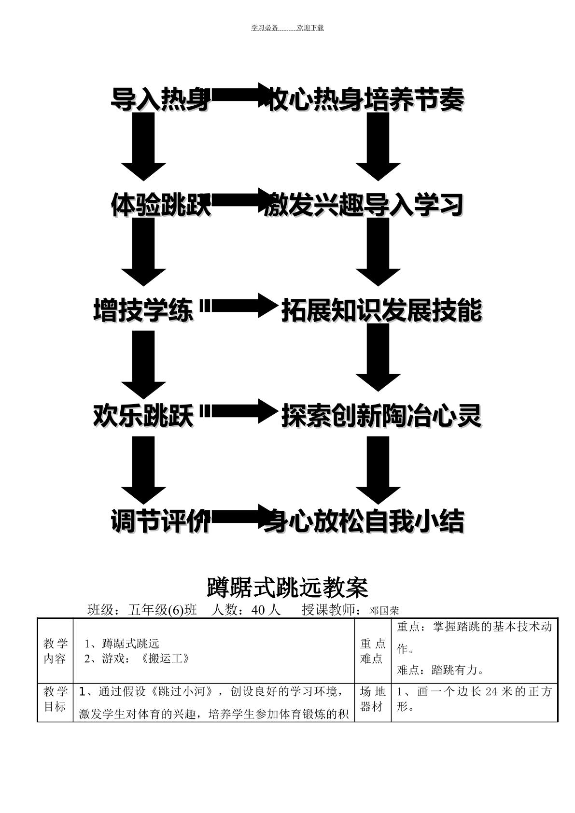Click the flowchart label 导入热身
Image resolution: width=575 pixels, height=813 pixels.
[161, 99]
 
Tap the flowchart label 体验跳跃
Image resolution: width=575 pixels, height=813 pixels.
[161, 205]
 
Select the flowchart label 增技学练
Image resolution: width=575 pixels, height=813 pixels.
[143, 310]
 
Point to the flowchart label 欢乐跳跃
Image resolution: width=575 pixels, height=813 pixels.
[143, 416]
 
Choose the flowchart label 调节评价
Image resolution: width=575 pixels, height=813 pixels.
[161, 521]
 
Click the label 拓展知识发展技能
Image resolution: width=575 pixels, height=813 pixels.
[382, 310]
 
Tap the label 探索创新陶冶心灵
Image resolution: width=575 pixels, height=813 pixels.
[382, 416]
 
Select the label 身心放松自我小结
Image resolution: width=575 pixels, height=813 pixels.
[365, 521]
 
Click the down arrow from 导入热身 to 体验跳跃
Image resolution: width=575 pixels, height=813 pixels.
[143, 147]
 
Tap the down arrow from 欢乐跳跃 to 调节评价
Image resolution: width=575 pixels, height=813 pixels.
[143, 470]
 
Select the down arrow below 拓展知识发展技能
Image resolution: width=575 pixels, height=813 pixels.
[378, 358]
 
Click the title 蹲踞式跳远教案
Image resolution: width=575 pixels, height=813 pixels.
[288, 588]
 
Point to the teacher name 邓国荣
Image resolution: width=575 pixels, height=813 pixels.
[384, 611]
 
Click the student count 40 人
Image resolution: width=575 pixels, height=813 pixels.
[266, 610]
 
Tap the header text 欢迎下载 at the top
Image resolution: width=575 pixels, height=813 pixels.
[310, 28]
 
